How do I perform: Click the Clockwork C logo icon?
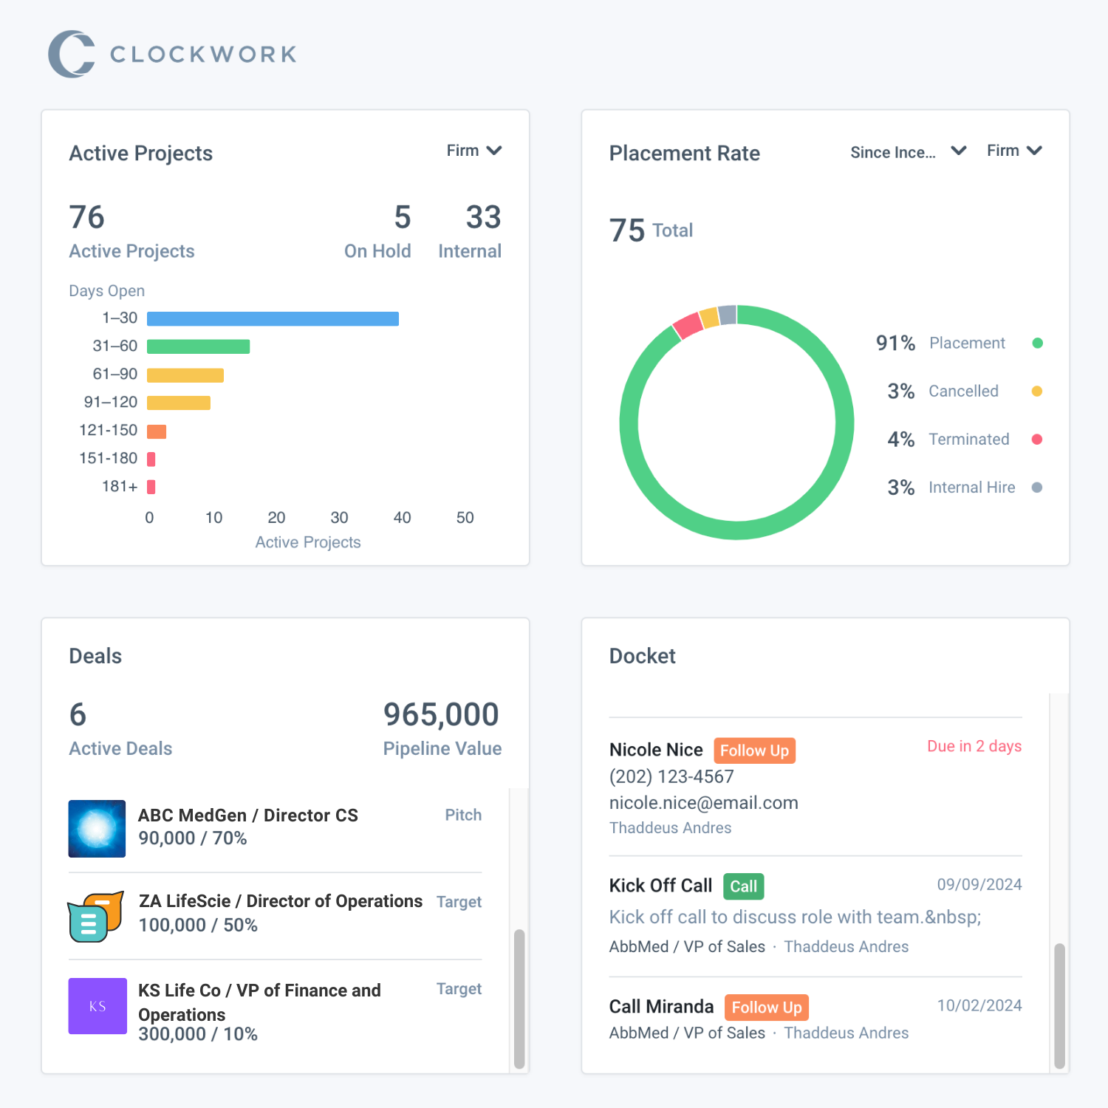(71, 54)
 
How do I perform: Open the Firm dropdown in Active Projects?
(473, 151)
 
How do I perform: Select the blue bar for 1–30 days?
(273, 318)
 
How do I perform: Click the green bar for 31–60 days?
(198, 346)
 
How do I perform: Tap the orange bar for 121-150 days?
(157, 431)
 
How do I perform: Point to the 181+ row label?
(120, 486)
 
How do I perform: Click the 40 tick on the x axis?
(402, 518)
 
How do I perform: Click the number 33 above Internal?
(483, 217)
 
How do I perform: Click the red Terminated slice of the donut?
(688, 326)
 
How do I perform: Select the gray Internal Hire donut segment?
(728, 315)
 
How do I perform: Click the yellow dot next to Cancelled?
(1036, 391)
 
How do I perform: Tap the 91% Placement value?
(895, 343)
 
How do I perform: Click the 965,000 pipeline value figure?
(441, 714)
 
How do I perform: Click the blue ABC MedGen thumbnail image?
(97, 828)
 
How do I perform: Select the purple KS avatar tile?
(98, 1006)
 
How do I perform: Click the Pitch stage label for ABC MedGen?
(463, 815)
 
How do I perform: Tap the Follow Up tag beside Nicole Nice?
(754, 750)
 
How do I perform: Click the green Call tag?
(743, 886)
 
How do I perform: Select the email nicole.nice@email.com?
(703, 803)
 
